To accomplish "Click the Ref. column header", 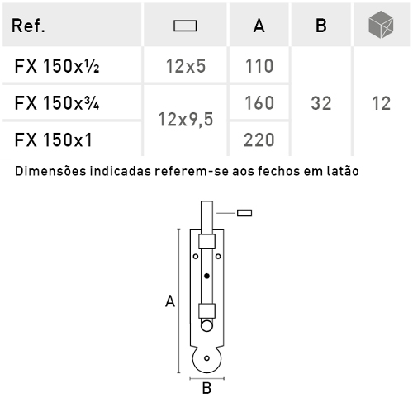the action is point(28,26).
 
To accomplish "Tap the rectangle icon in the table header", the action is point(185,26).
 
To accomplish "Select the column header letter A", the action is point(259,26).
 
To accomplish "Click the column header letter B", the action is point(321,26).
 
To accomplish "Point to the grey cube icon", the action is point(381,24).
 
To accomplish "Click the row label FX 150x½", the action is point(57,66).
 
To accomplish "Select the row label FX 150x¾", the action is point(57,103).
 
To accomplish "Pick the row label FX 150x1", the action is point(53,140).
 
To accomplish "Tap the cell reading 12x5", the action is point(186,66).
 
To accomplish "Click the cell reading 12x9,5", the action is point(186,120).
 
